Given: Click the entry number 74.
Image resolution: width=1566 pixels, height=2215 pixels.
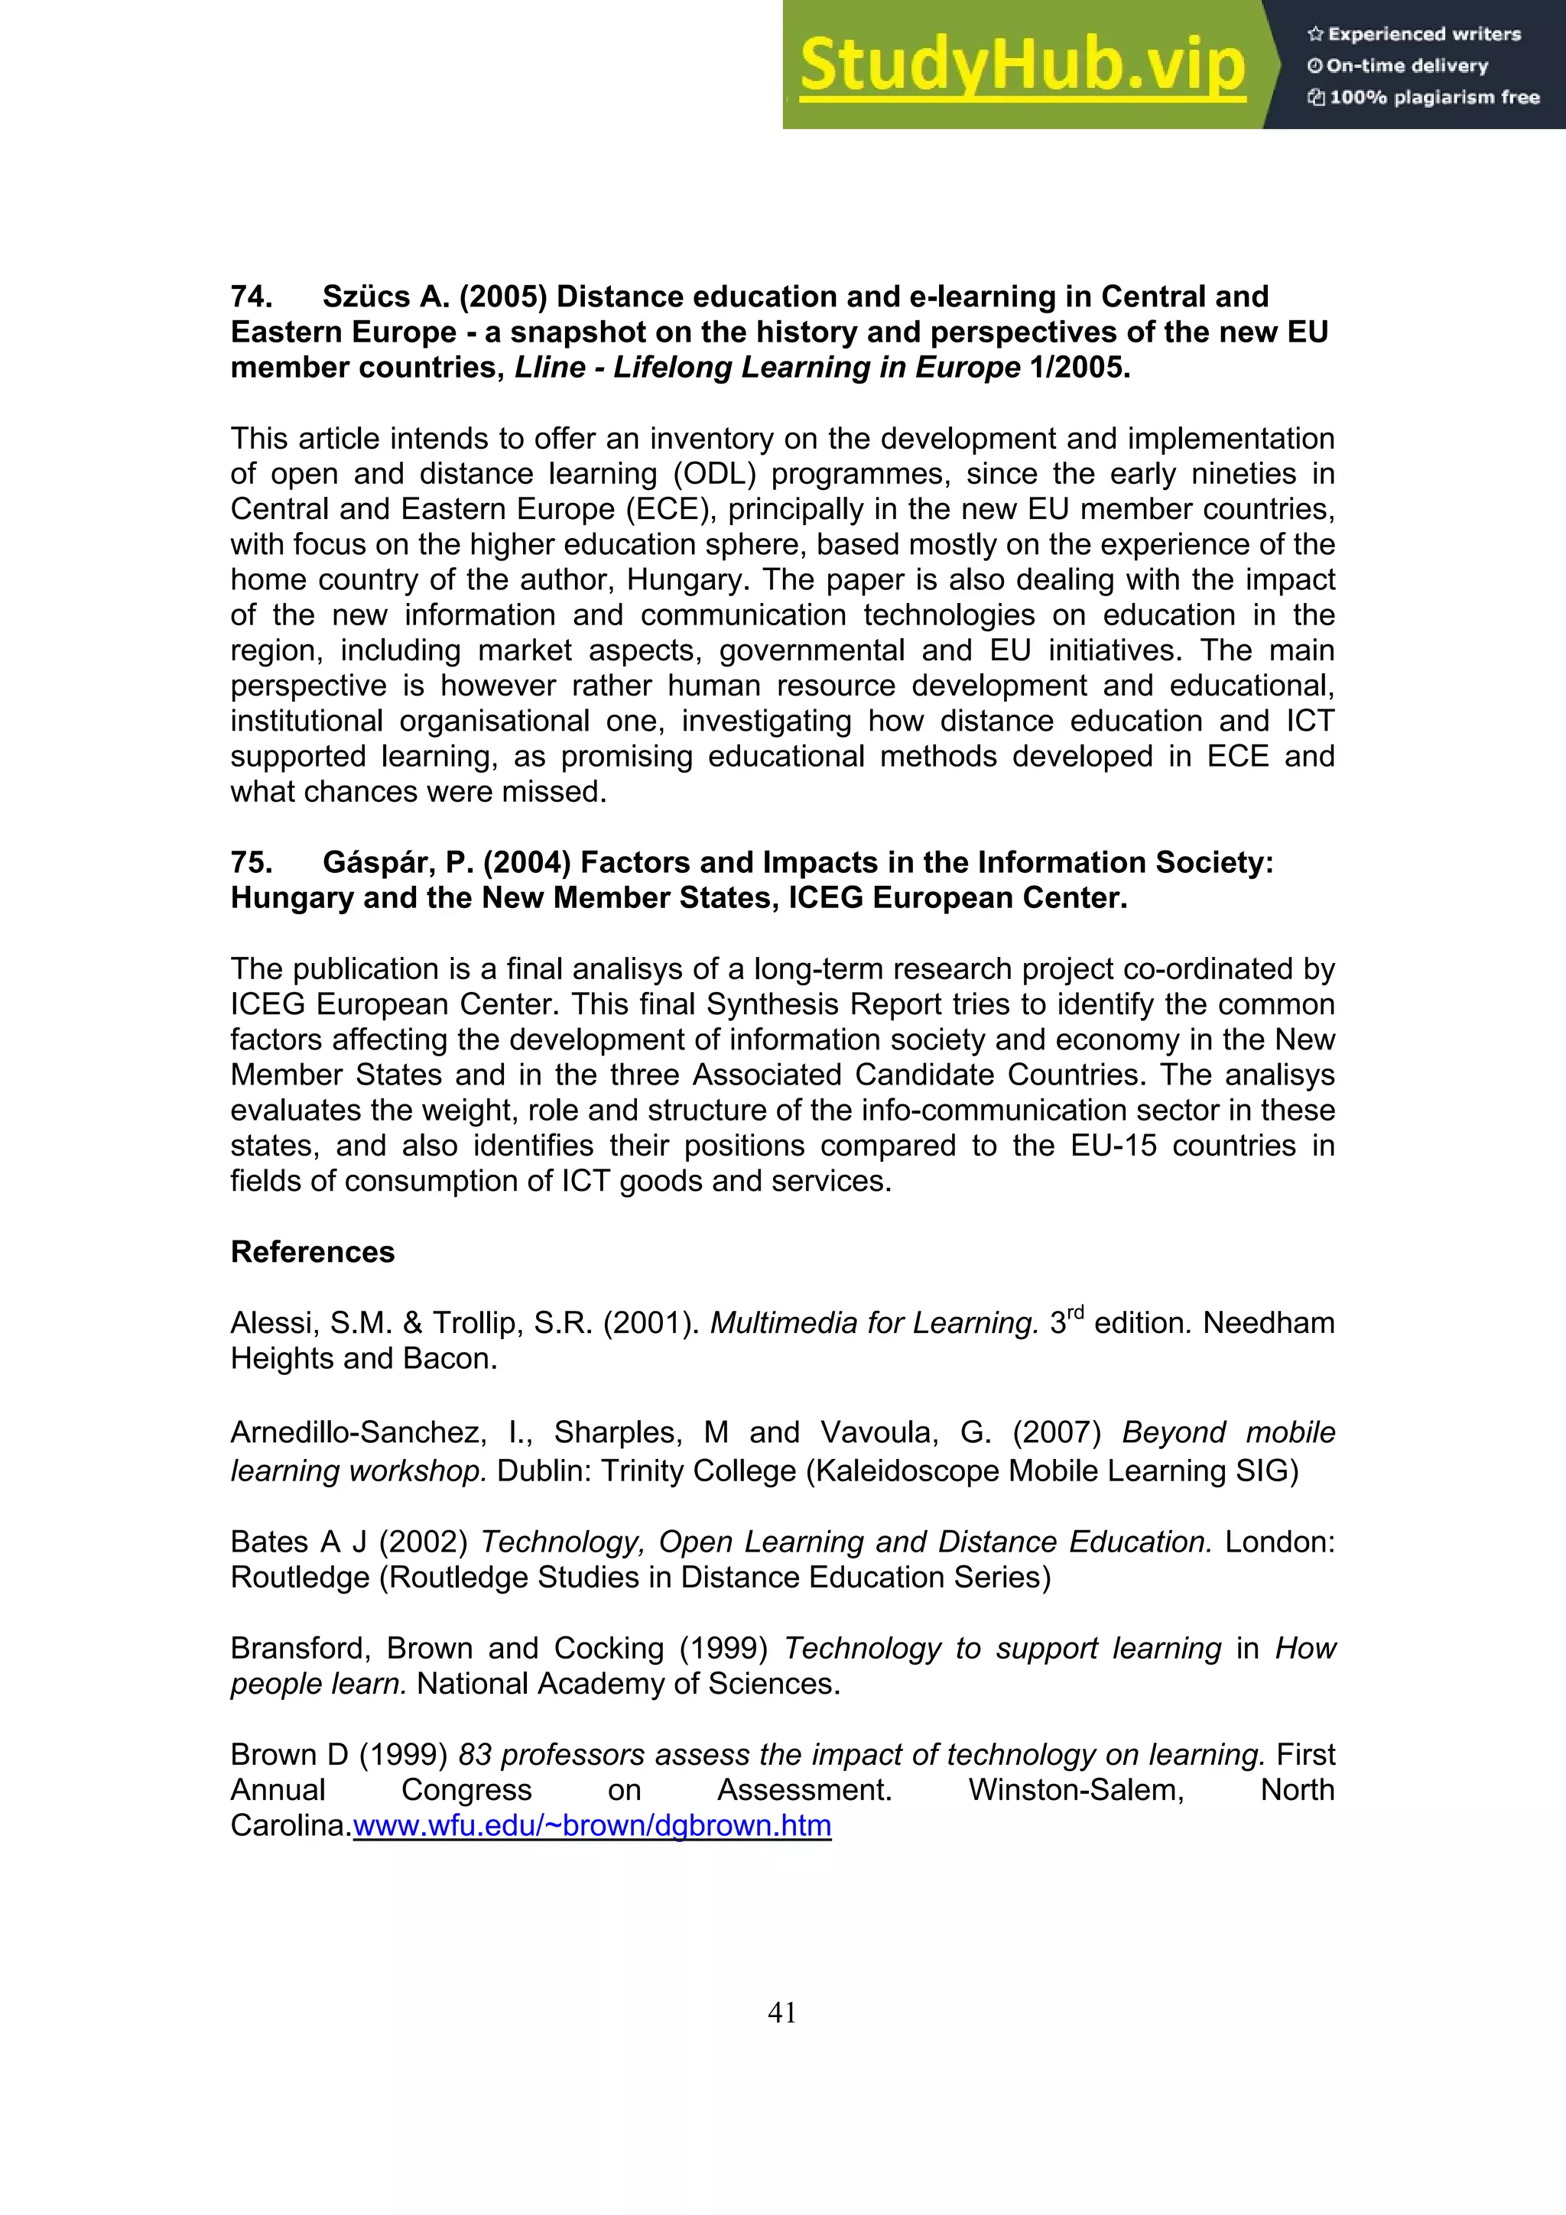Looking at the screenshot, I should click(251, 296).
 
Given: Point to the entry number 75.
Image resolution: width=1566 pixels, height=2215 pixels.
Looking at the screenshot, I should click(251, 862).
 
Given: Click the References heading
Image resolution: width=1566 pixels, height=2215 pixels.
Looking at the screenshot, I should click(313, 1252).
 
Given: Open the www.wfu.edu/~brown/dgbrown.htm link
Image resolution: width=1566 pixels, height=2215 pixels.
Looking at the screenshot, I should click(592, 1825).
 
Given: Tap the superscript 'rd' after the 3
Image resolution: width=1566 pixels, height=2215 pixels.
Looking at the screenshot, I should click(1077, 1313).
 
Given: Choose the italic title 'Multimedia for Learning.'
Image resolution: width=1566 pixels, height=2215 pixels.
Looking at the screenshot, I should click(874, 1322).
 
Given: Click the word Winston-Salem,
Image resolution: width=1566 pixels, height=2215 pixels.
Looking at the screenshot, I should click(1076, 1791).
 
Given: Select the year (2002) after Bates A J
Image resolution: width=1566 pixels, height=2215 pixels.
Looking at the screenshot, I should click(423, 1542).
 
